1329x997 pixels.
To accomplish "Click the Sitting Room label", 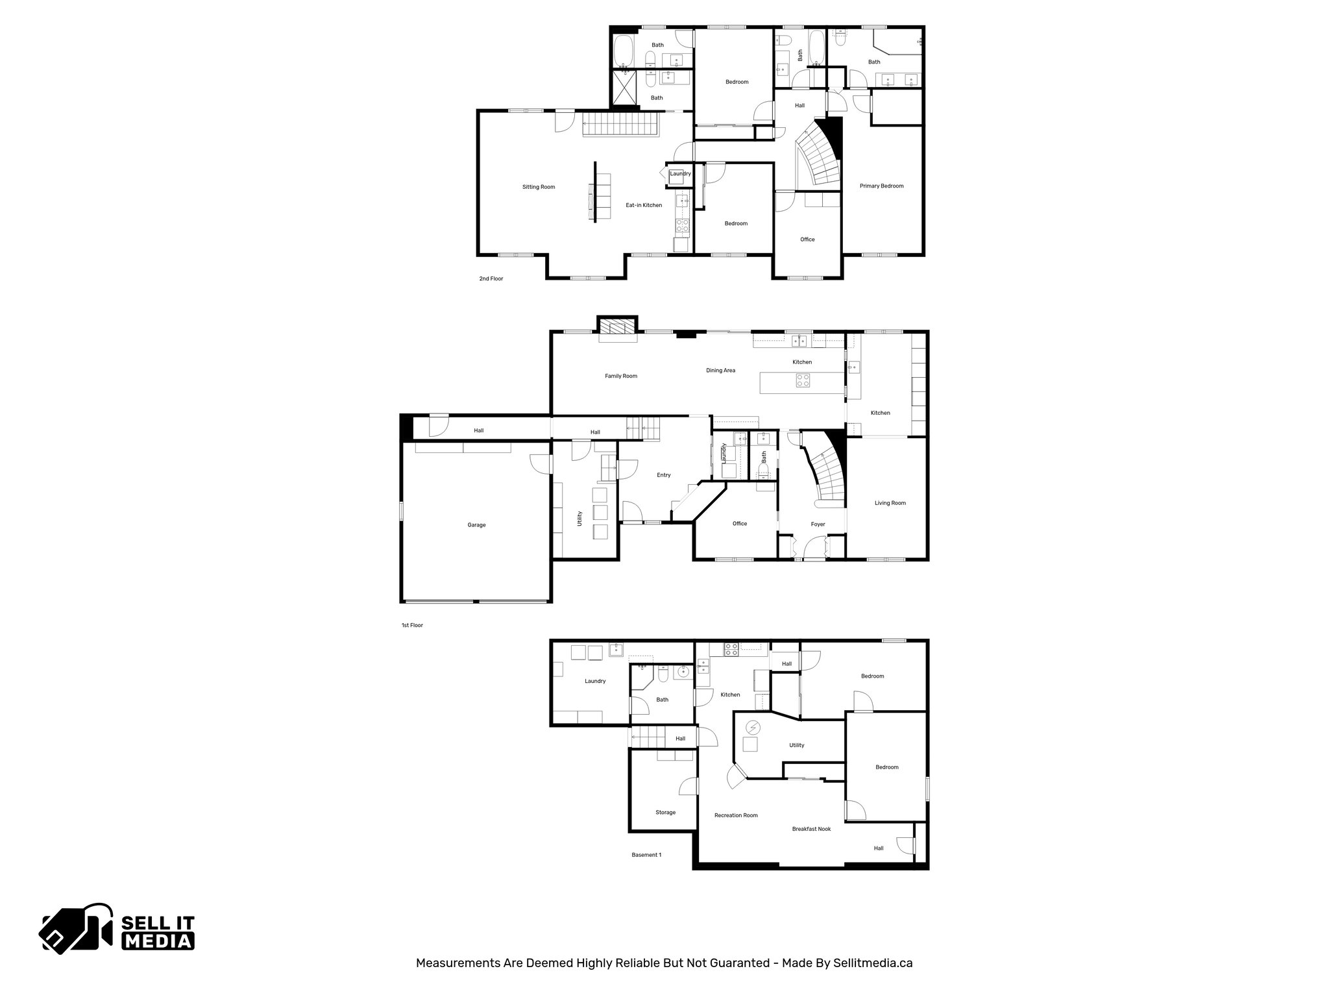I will click(x=539, y=187).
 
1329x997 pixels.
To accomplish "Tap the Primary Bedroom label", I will click(x=881, y=186).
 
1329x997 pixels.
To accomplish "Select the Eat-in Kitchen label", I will click(x=644, y=205).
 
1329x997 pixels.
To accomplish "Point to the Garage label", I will click(x=476, y=525).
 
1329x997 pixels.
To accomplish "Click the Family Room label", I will click(x=621, y=376).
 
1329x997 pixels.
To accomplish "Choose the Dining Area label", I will click(x=720, y=371).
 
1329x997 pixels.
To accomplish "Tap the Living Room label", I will click(x=890, y=503).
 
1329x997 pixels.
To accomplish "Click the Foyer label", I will click(x=818, y=524).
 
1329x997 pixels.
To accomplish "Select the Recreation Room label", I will click(x=736, y=815).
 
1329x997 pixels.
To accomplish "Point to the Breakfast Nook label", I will click(x=811, y=829).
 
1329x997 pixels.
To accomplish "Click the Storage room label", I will click(x=665, y=813).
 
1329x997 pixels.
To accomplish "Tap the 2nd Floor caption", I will click(x=491, y=278).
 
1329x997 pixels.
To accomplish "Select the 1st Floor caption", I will click(x=412, y=625).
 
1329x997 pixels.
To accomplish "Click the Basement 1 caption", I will click(x=646, y=855).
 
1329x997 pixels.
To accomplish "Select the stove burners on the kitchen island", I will click(x=803, y=380).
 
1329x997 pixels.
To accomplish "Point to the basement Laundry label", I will click(x=595, y=681).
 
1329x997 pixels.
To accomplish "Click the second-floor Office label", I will click(x=807, y=240).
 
